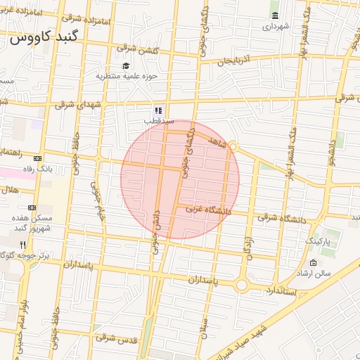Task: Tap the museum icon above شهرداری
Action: pos(274,15)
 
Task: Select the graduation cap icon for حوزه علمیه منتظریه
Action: pos(126,65)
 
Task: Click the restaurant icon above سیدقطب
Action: pos(159,110)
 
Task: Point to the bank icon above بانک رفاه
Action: pos(37,158)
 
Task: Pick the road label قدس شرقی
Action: pos(113,339)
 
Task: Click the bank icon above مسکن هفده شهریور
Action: pos(32,208)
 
